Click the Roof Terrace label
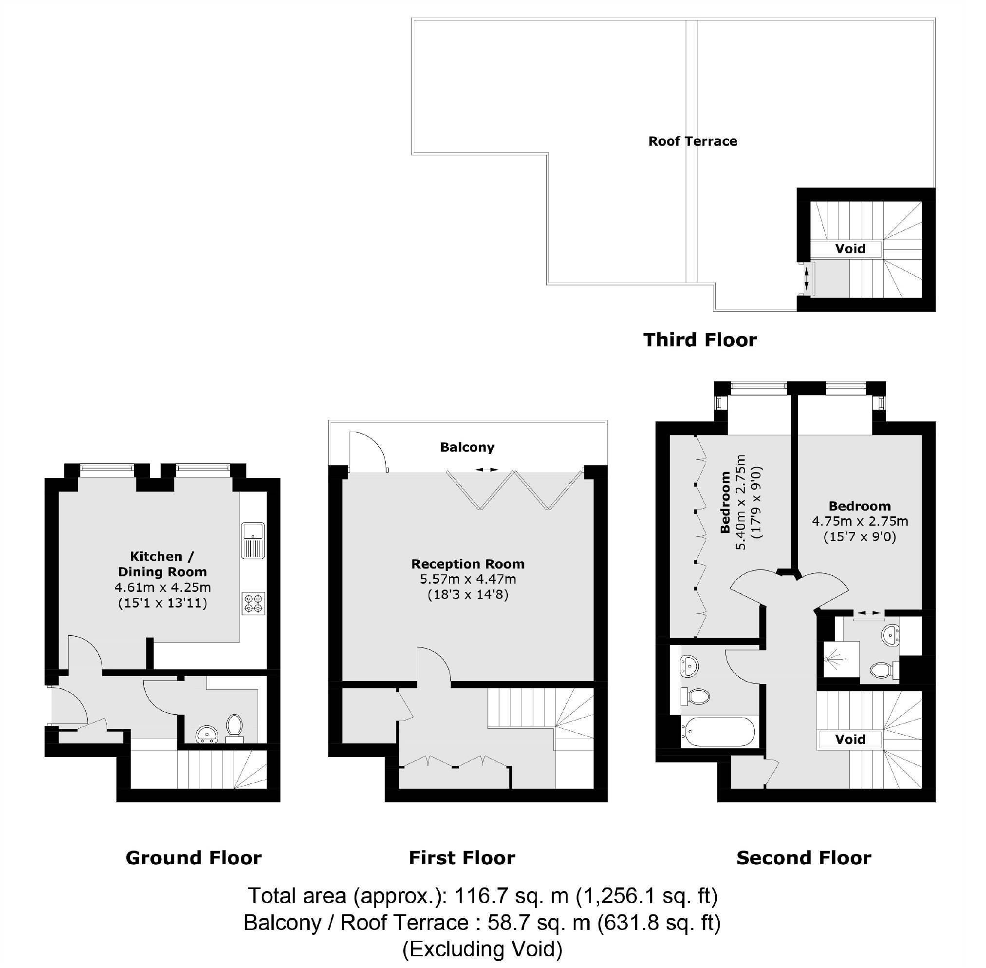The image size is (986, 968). point(692,141)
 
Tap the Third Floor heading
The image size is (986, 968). point(700,340)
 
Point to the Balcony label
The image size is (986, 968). point(467,447)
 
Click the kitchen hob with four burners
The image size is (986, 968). point(254,604)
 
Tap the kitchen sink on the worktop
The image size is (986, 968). point(253,540)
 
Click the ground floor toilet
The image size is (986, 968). point(234,728)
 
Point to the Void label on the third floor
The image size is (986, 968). point(850,248)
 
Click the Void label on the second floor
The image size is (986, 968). point(850,739)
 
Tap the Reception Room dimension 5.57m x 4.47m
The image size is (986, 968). point(467,579)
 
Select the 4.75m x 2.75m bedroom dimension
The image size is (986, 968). point(860,522)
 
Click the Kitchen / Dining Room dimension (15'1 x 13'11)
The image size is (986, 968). point(163,604)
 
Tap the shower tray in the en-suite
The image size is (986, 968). point(841,660)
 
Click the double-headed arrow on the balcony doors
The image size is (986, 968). point(486,470)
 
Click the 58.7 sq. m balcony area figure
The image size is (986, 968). point(539,922)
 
